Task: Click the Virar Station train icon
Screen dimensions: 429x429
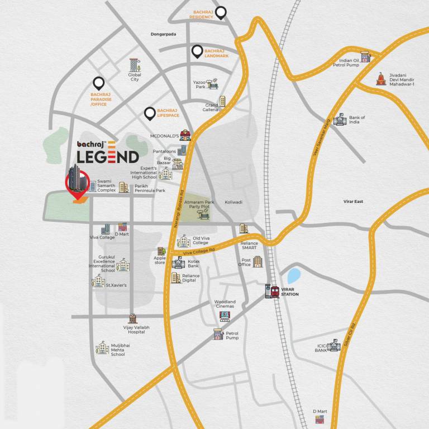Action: click(273, 292)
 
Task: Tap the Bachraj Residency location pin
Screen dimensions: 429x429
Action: click(222, 12)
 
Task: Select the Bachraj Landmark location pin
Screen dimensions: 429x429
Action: click(197, 52)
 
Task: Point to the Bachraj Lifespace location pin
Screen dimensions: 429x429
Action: click(149, 114)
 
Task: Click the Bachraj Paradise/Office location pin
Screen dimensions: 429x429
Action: click(99, 84)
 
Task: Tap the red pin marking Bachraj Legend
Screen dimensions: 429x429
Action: click(77, 185)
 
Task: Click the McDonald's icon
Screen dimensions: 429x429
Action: click(185, 135)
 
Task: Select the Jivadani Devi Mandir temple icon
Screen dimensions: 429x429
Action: click(381, 79)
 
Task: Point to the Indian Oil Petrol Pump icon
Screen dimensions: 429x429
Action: click(366, 56)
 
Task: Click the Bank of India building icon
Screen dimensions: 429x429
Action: click(340, 120)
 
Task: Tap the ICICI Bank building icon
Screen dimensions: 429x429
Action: click(333, 346)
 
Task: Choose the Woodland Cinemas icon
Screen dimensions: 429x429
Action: click(225, 316)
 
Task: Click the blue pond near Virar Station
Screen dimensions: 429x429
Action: click(293, 275)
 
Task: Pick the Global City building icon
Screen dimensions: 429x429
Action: click(134, 65)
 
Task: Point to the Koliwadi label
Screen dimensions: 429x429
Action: click(233, 203)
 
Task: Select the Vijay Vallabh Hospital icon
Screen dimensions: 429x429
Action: click(133, 318)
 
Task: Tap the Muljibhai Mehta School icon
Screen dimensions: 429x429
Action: click(102, 347)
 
